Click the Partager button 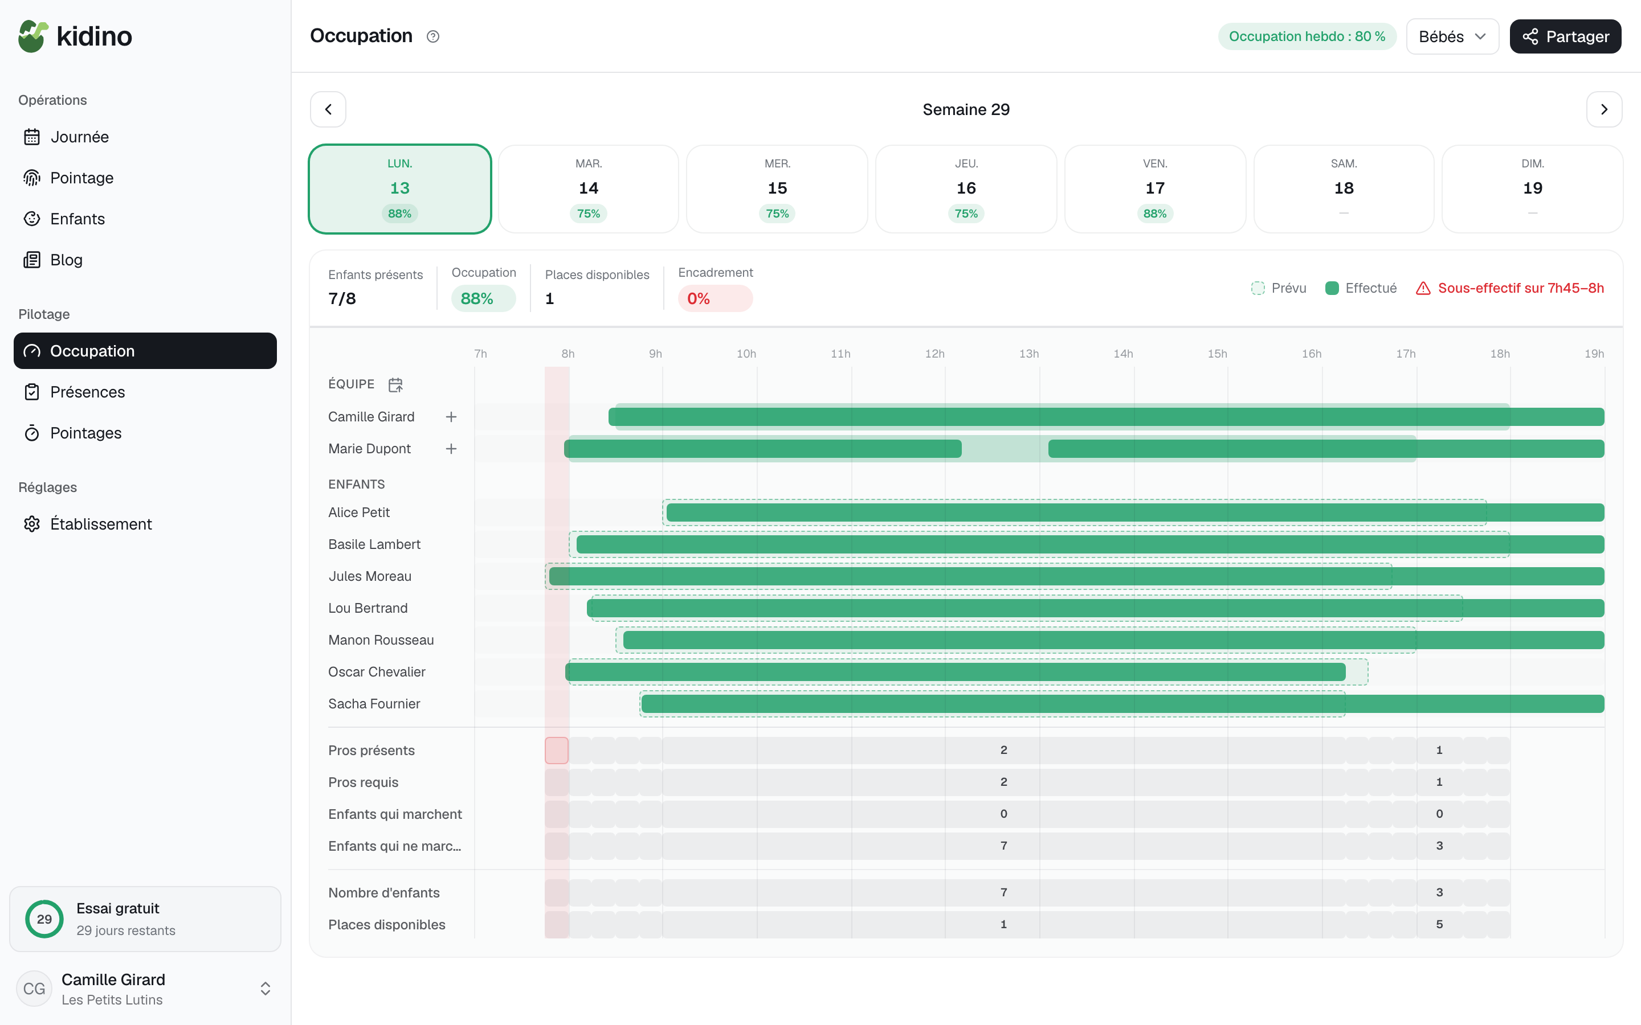pyautogui.click(x=1565, y=36)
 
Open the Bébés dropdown pyautogui.click(x=1452, y=36)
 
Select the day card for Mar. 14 pyautogui.click(x=589, y=188)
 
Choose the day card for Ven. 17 pyautogui.click(x=1155, y=188)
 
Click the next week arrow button pyautogui.click(x=1604, y=109)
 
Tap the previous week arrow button pyautogui.click(x=328, y=109)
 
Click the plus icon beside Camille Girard pyautogui.click(x=451, y=417)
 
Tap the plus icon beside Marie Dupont pyautogui.click(x=451, y=449)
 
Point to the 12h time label pyautogui.click(x=934, y=354)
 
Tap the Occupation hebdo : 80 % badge pyautogui.click(x=1307, y=36)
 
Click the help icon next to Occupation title pyautogui.click(x=432, y=36)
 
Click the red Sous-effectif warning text pyautogui.click(x=1520, y=288)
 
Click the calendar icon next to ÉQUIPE pyautogui.click(x=395, y=384)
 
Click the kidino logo pyautogui.click(x=75, y=36)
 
